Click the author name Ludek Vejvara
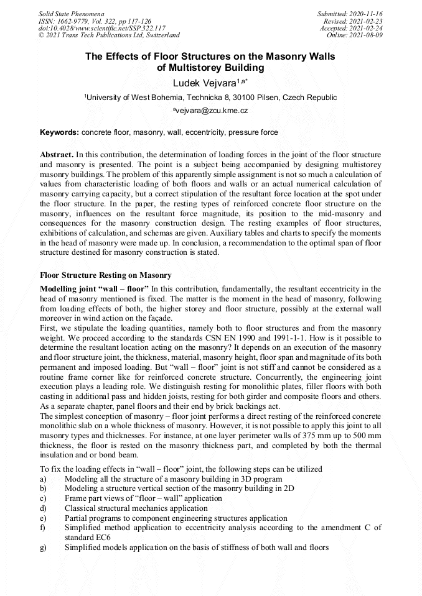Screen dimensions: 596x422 pyautogui.click(x=207, y=83)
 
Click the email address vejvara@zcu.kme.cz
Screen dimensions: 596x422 pyautogui.click(x=212, y=110)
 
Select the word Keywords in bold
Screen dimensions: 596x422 pyautogui.click(x=59, y=132)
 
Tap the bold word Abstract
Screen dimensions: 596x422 pyautogui.click(x=57, y=154)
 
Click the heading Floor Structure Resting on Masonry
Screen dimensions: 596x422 pyautogui.click(x=106, y=275)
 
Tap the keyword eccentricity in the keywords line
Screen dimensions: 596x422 pyautogui.click(x=204, y=132)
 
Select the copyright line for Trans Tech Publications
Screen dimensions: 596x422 pyautogui.click(x=109, y=35)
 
